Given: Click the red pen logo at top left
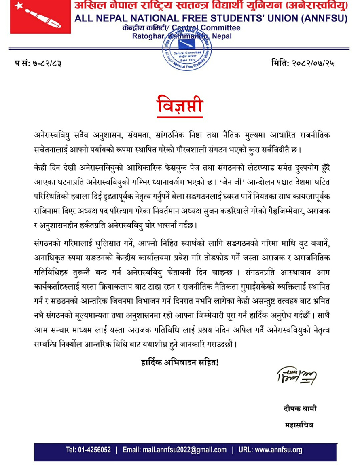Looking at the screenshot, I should click(x=36, y=17).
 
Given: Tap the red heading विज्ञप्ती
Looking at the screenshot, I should click(x=180, y=106).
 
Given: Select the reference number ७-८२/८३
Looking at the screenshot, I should click(x=47, y=63).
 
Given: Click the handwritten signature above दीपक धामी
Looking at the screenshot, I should click(x=296, y=376).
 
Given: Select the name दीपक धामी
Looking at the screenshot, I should click(x=300, y=409).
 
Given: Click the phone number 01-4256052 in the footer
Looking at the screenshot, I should click(x=95, y=450).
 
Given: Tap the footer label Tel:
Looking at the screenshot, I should click(x=71, y=450).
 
